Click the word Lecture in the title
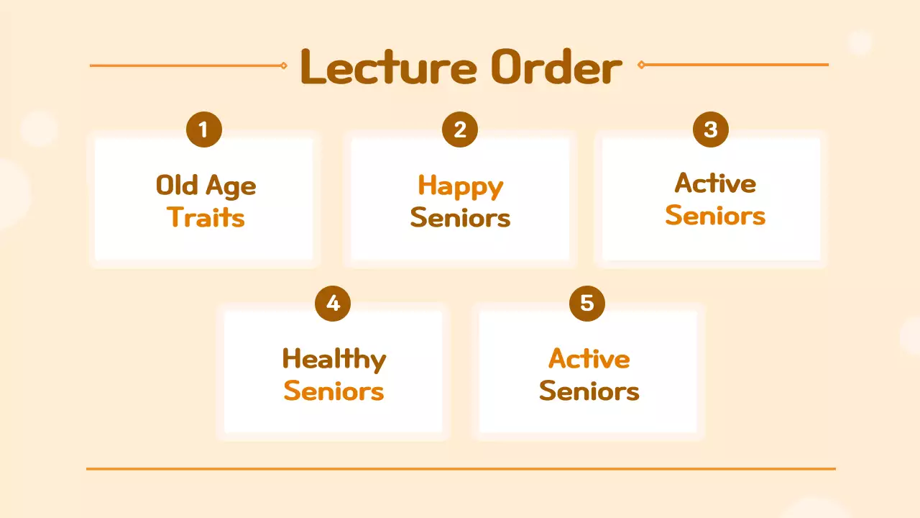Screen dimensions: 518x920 [x=388, y=67]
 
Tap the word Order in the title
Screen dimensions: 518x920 [x=556, y=67]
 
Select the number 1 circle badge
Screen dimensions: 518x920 [x=204, y=130]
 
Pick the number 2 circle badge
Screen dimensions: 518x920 [x=460, y=130]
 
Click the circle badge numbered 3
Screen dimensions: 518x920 [x=711, y=129]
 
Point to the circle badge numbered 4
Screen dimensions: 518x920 [x=333, y=303]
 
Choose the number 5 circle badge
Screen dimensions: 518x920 [x=587, y=303]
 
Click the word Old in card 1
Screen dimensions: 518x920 [x=176, y=186]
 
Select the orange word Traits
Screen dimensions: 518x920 [x=206, y=217]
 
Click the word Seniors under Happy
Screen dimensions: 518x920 [x=460, y=218]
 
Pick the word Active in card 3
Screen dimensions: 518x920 [x=715, y=183]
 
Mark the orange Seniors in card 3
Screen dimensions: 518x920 [x=715, y=215]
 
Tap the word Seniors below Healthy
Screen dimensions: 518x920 [x=333, y=391]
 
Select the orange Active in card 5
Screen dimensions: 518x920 [x=589, y=358]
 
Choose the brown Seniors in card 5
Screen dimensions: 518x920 [x=589, y=391]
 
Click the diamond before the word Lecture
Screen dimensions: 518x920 [x=284, y=65]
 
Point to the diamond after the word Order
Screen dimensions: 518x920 [x=641, y=65]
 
